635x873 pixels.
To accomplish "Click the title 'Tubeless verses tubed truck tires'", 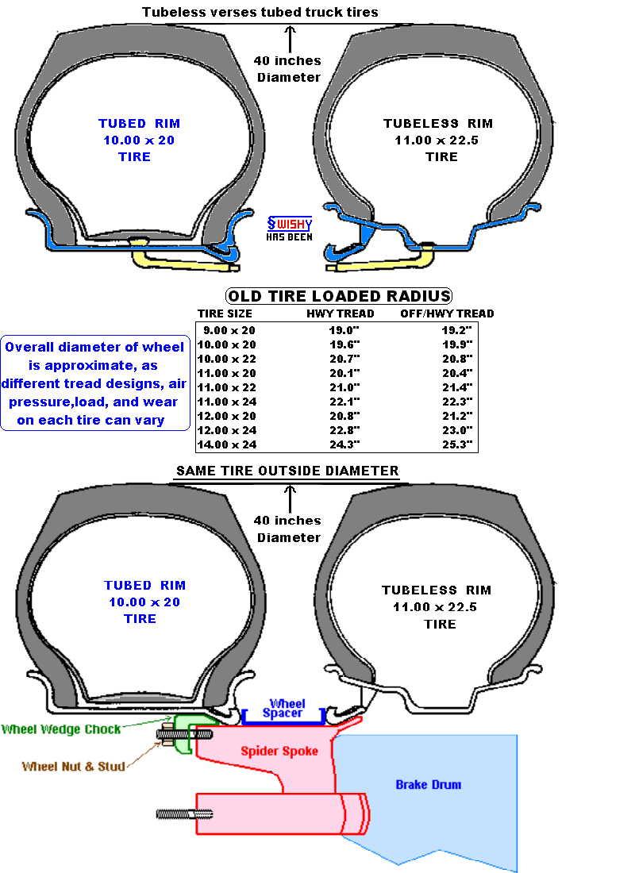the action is tap(260, 12).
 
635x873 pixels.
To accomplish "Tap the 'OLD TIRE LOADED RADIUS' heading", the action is tap(339, 296).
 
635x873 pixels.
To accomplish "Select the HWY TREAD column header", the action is tap(341, 313).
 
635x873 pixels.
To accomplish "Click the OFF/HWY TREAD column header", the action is tap(447, 313).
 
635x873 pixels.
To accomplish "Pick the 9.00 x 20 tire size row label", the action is tap(229, 330).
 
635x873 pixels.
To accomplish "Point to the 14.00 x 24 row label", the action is tap(227, 444).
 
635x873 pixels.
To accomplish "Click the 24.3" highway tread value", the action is tap(344, 444).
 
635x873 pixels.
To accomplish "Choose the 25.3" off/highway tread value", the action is tap(457, 444).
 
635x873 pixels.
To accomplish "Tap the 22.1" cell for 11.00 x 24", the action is tap(344, 402).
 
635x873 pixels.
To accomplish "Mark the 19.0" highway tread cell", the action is tap(344, 330).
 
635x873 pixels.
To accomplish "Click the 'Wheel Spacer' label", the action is tap(284, 708).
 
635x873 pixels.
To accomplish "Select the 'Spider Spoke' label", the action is tap(279, 751).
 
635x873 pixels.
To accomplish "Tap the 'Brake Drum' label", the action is tap(429, 784).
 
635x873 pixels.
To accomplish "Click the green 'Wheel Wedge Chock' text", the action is tap(60, 729).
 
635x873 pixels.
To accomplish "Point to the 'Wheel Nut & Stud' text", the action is tap(73, 766).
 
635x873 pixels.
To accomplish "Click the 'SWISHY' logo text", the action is tap(290, 224).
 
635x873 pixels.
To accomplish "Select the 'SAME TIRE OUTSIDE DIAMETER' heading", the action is tap(287, 471).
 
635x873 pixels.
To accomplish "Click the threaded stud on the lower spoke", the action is tap(184, 814).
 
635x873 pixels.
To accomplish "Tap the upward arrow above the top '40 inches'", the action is tap(290, 39).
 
